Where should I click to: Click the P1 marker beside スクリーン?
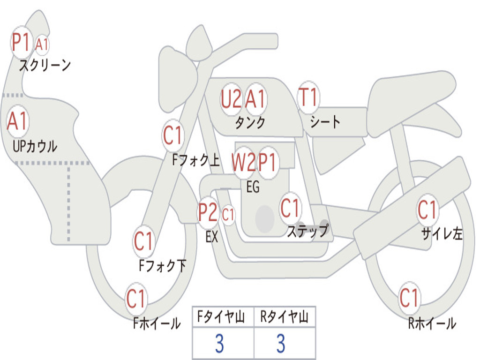tap(20, 43)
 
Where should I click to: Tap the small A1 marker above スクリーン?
tap(42, 45)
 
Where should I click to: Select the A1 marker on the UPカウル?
tap(18, 121)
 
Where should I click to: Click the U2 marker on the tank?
tap(231, 99)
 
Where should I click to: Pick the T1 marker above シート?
tap(308, 97)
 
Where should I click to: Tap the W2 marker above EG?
tap(244, 163)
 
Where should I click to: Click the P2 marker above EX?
tap(208, 213)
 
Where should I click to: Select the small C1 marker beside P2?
tap(228, 215)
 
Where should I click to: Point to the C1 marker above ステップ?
tap(290, 208)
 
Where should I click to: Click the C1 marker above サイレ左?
tap(427, 210)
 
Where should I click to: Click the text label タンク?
tap(250, 123)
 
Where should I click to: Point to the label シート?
tap(325, 122)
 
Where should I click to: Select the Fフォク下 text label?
tap(162, 266)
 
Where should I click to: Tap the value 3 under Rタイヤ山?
tap(281, 344)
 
